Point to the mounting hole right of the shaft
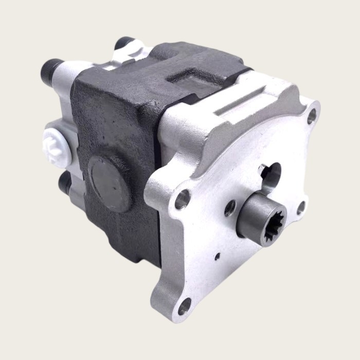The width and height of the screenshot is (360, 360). (301, 207)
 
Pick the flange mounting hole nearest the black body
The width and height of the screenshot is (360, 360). (182, 200)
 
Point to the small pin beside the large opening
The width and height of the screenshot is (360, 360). (262, 168)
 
